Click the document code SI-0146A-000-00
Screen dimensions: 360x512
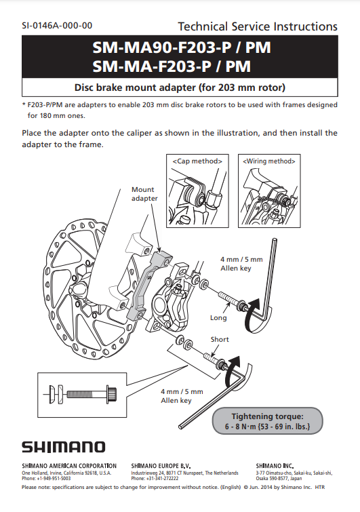click(x=57, y=26)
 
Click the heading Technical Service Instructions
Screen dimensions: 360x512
click(x=258, y=26)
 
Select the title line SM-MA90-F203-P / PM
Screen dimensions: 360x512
click(x=182, y=47)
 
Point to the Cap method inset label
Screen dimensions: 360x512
click(x=197, y=161)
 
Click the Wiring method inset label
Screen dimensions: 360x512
click(x=269, y=161)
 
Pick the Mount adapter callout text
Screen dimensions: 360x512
click(x=144, y=194)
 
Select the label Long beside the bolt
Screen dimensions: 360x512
click(x=218, y=318)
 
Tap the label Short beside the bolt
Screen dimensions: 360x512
click(x=220, y=339)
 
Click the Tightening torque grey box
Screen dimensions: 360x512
click(x=267, y=421)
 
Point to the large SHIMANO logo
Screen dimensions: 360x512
click(x=64, y=447)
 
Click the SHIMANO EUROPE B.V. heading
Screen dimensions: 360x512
click(x=161, y=466)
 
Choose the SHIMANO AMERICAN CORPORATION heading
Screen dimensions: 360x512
click(x=69, y=466)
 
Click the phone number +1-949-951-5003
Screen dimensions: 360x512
click(x=54, y=478)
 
